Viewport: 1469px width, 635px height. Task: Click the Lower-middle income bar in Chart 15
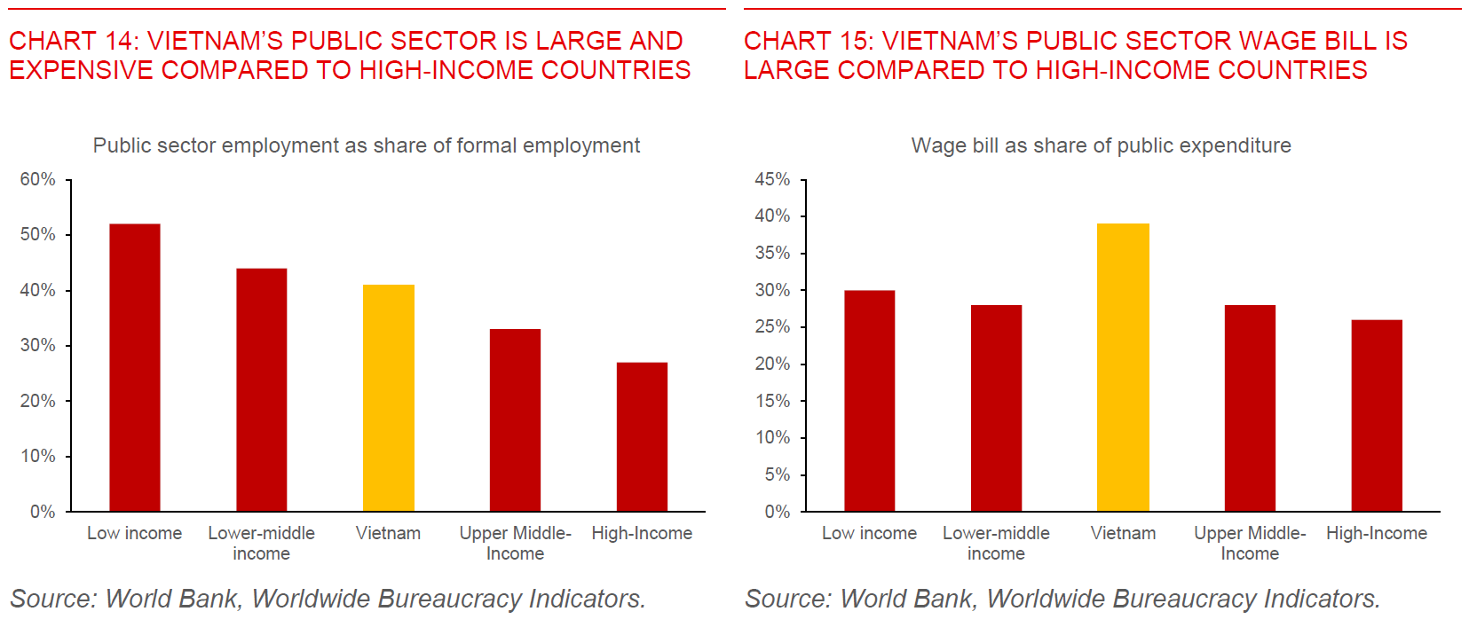(996, 408)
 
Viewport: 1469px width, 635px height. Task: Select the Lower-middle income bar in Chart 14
(261, 389)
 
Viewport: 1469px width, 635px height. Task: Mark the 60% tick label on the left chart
(38, 179)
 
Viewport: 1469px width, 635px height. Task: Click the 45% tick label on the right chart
(772, 179)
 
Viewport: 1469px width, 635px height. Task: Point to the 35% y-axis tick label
(772, 253)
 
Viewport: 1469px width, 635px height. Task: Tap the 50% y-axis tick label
(38, 234)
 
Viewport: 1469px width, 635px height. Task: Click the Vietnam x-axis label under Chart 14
(388, 533)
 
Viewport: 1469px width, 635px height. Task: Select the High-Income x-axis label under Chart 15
(1377, 533)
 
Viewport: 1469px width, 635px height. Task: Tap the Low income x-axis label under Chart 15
(869, 533)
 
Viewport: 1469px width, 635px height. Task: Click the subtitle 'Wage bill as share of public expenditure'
(1101, 145)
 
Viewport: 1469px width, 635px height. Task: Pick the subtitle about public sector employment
(366, 145)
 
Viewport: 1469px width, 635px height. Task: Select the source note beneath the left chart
(328, 599)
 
